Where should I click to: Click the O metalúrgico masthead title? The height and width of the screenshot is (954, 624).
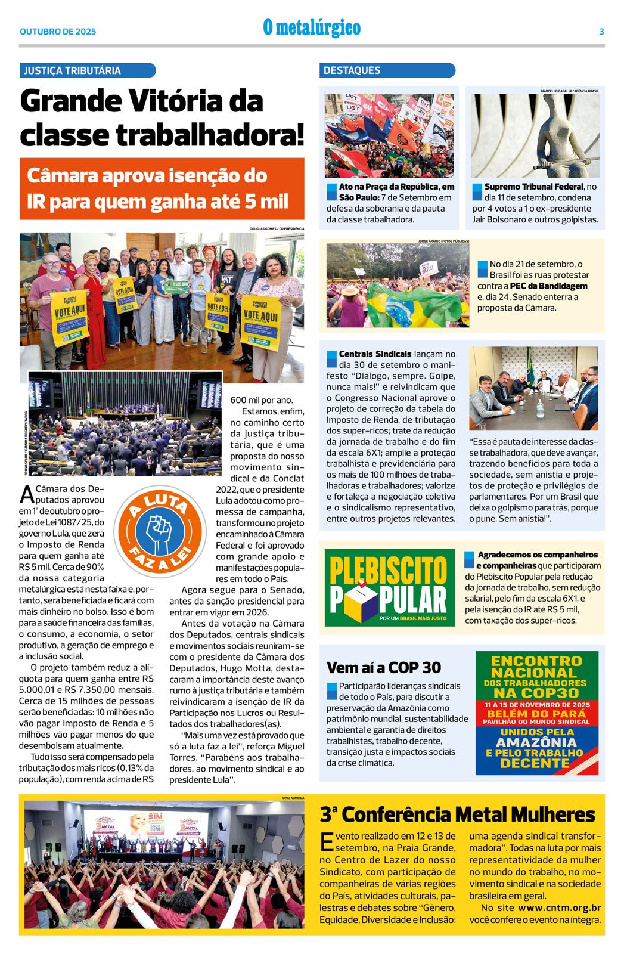(312, 28)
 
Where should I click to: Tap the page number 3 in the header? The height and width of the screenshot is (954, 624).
(601, 32)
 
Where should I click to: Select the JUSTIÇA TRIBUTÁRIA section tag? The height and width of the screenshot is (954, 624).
(87, 70)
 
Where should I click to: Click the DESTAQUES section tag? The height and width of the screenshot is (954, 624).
(387, 70)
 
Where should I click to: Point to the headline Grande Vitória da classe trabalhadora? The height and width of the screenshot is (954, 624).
(162, 117)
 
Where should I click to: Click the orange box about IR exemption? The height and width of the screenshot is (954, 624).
(162, 188)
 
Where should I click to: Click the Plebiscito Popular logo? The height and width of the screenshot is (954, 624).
(390, 587)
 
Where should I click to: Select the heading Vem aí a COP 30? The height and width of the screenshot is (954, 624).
(384, 667)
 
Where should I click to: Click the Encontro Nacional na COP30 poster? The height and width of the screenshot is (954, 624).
(536, 713)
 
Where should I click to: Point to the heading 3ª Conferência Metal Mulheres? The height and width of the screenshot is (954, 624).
(457, 814)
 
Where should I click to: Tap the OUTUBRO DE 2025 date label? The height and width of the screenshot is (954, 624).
(58, 32)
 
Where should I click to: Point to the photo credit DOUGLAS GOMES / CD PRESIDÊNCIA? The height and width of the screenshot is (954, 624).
(277, 228)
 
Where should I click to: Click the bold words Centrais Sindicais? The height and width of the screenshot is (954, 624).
(375, 354)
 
